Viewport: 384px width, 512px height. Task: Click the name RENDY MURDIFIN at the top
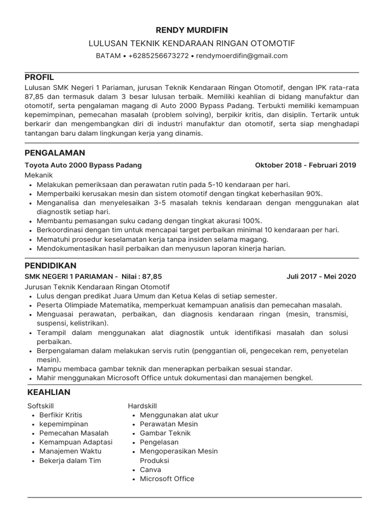pos(192,30)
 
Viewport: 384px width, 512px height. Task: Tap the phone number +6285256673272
pos(158,55)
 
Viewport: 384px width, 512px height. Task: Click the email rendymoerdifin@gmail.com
pos(242,55)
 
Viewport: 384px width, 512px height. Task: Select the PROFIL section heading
pos(39,77)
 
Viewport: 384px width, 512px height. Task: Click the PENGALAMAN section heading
pos(55,152)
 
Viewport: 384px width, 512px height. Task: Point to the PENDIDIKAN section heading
pos(50,265)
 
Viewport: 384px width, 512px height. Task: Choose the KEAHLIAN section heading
pos(48,392)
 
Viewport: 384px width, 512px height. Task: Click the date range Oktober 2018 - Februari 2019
pos(305,165)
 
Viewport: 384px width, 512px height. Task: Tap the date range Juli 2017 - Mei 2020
pos(321,276)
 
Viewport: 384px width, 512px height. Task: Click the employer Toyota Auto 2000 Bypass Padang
pos(83,165)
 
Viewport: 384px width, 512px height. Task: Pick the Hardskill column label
pos(142,406)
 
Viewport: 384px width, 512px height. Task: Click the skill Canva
pos(150,469)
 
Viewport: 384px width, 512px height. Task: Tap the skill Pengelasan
pos(159,442)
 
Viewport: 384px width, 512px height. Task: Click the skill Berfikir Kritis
pos(60,415)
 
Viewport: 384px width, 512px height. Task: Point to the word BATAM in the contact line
pos(108,55)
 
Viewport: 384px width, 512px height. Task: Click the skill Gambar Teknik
pos(165,433)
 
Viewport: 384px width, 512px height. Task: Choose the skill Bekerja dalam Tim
pos(70,460)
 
